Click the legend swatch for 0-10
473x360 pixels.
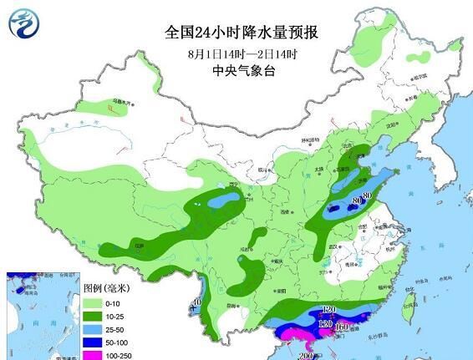point(94,302)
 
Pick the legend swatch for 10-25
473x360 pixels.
point(94,317)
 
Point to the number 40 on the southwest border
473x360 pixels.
point(196,302)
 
